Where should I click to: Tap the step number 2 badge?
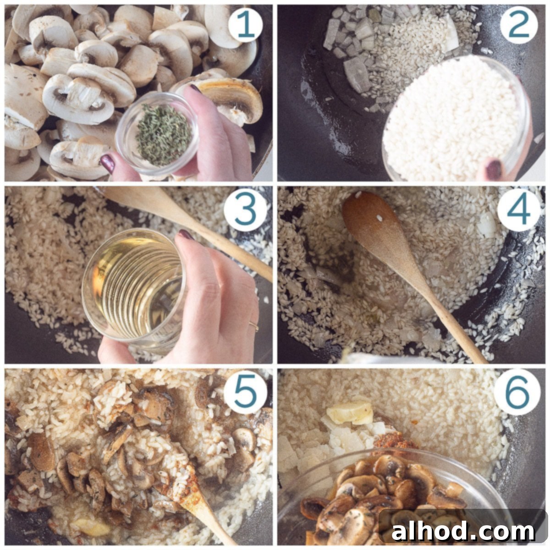pyautogui.click(x=518, y=25)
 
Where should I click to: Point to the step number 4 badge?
pyautogui.click(x=519, y=209)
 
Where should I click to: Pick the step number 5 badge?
pyautogui.click(x=246, y=391)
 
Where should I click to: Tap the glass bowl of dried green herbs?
pyautogui.click(x=157, y=133)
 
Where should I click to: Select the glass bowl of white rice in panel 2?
pyautogui.click(x=456, y=120)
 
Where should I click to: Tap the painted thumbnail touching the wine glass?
pyautogui.click(x=186, y=235)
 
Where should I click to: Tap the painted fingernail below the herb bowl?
pyautogui.click(x=108, y=163)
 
